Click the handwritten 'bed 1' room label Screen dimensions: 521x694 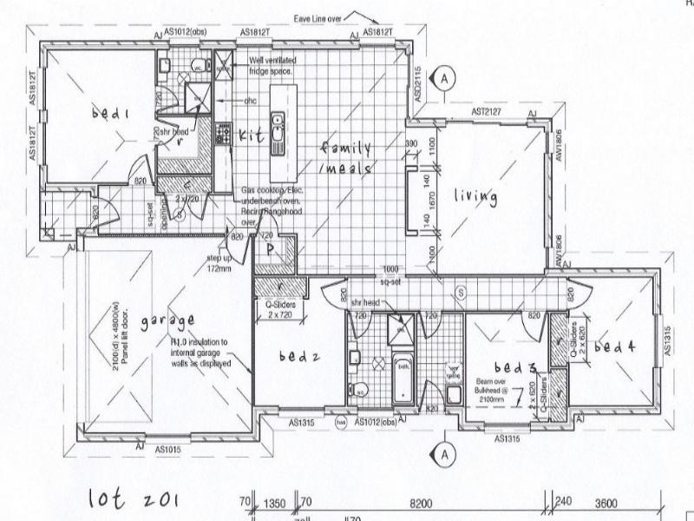112,113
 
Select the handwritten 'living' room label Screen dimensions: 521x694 475,197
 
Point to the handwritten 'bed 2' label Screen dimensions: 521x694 299,356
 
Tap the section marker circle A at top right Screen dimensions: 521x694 445,78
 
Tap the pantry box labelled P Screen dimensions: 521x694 271,248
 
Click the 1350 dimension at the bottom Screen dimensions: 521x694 274,502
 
